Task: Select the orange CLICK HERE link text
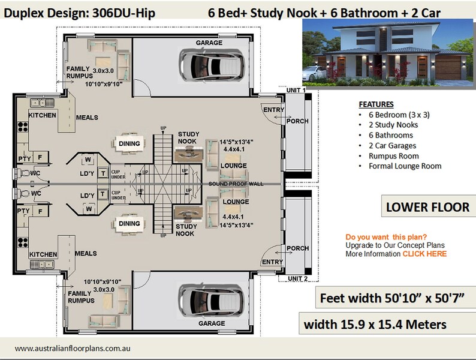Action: point(424,254)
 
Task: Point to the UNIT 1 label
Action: point(296,90)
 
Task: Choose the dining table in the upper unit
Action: point(130,143)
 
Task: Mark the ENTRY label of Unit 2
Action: point(273,262)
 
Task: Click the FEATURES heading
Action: point(376,103)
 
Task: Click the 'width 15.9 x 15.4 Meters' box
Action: point(375,325)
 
